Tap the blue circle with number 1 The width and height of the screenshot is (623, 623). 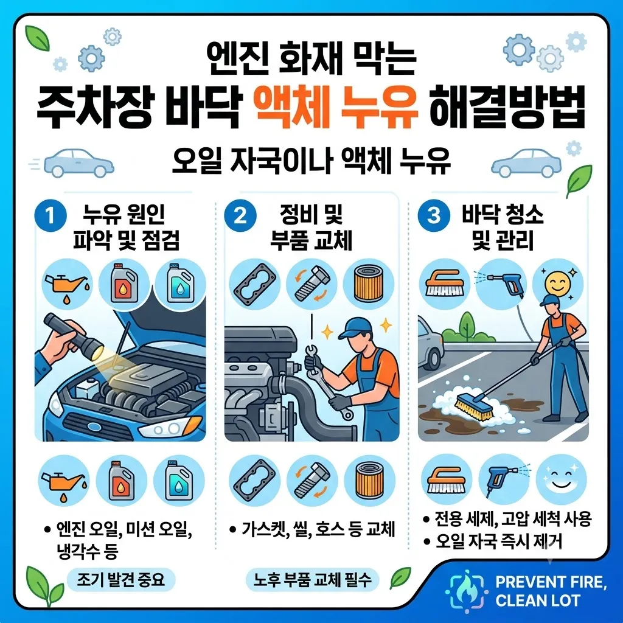coord(50,217)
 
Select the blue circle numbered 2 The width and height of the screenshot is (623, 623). coord(240,217)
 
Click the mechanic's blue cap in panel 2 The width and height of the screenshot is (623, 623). coord(355,327)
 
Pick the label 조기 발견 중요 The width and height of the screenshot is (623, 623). coord(120,579)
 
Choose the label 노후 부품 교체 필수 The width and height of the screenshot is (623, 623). coord(312,580)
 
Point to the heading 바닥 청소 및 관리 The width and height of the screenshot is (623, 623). coord(503,228)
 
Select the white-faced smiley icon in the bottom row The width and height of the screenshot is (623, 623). coord(560,479)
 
